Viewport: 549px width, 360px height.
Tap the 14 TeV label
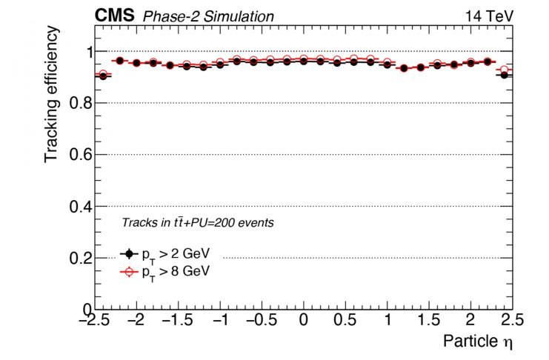pyautogui.click(x=489, y=16)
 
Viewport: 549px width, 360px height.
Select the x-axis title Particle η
pyautogui.click(x=478, y=341)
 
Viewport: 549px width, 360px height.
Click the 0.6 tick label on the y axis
pyautogui.click(x=78, y=155)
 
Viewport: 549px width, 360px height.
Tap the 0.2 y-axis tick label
pyautogui.click(x=78, y=258)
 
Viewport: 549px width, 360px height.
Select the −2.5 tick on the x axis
pyautogui.click(x=94, y=320)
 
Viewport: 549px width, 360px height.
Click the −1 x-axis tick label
pyautogui.click(x=219, y=320)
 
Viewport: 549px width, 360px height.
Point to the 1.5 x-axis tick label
pyautogui.click(x=429, y=320)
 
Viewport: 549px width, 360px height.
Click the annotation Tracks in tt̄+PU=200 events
pyautogui.click(x=197, y=222)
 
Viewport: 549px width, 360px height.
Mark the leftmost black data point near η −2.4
pyautogui.click(x=102, y=76)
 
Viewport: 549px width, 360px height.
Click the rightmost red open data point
pyautogui.click(x=505, y=70)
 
